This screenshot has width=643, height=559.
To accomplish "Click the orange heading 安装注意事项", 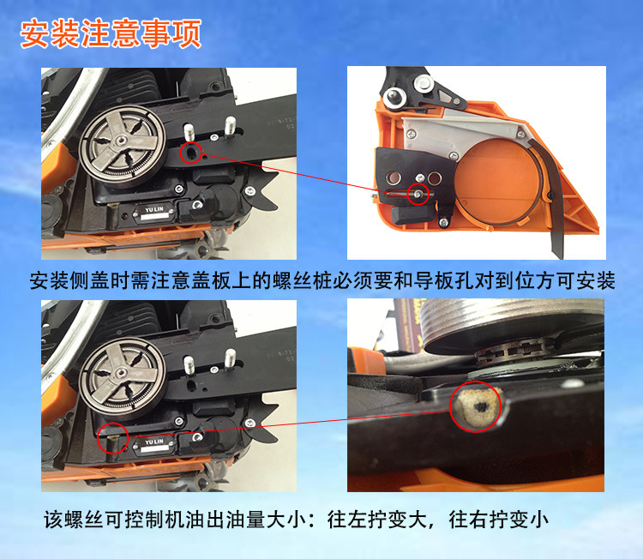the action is tap(111, 33).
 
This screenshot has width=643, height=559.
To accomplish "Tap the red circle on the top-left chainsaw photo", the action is tap(190, 141).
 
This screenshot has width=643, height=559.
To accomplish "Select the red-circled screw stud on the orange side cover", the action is tap(418, 194).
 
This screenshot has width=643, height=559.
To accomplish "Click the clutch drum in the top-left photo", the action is tap(123, 142).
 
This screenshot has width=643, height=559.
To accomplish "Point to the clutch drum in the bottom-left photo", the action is tap(123, 375).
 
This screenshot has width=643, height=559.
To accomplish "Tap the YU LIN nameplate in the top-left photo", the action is tap(153, 212).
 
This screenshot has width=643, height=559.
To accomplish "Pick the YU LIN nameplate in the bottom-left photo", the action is tap(153, 445).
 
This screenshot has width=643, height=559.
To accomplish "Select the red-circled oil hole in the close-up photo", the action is tap(477, 406).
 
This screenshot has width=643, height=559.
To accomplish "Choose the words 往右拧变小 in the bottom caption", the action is tap(498, 520).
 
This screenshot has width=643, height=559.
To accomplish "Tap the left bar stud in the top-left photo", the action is tap(189, 132).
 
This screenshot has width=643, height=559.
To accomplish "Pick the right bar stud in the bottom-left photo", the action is tap(230, 358).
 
